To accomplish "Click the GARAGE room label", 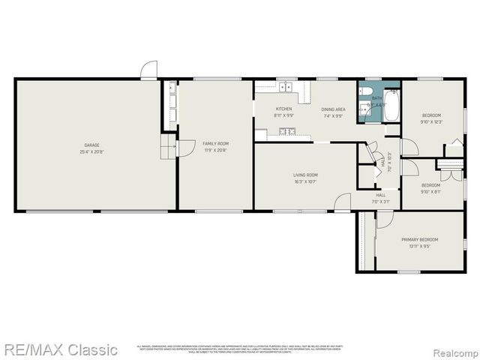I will coord(91,145).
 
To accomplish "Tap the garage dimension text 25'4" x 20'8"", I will coord(91,151).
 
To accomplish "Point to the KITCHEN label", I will coord(262,109).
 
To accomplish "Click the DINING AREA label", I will coord(333,109).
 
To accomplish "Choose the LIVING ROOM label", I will coord(305,175).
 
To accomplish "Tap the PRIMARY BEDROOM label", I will coord(419,239).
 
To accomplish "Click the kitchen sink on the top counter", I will coord(285,87).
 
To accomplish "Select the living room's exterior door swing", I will coord(342,201).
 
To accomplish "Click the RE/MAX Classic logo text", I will coord(59,349).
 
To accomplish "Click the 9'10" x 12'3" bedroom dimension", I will coord(431,121).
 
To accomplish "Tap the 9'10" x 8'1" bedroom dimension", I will coord(430,191).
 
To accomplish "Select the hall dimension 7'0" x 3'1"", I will coord(381,201).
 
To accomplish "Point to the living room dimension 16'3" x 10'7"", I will coord(305,181).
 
